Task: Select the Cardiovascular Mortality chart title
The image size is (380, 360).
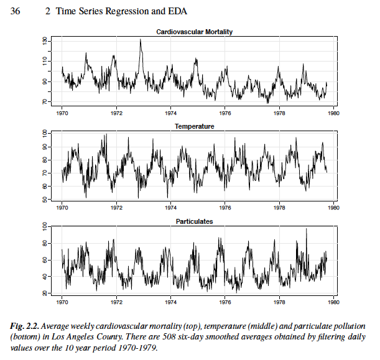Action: [193, 32]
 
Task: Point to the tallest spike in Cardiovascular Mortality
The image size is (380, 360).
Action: [141, 40]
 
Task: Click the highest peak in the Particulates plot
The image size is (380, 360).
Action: [306, 229]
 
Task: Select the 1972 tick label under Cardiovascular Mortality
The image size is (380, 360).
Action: [117, 114]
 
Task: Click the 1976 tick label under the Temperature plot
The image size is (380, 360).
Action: [225, 208]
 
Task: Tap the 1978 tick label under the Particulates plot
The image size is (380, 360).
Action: [280, 303]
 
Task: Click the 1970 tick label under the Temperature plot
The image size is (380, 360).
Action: [62, 208]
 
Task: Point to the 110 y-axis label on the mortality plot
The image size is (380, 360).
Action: [45, 61]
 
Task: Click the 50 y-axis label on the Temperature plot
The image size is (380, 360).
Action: [45, 199]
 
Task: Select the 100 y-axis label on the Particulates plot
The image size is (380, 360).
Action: [45, 228]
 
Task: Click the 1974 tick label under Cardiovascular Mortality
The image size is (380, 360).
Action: [171, 114]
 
